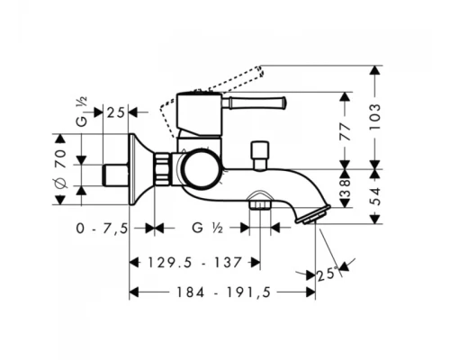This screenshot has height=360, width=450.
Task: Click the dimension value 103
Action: coord(375,116)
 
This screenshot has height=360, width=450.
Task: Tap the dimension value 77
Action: coord(346,131)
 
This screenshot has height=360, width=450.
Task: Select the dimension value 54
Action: coord(375,196)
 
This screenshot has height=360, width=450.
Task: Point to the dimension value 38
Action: coord(346,188)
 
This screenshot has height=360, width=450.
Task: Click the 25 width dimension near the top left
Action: coord(115,112)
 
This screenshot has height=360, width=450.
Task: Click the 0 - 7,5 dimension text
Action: coord(102,229)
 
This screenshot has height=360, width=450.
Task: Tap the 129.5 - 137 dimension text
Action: coord(195,263)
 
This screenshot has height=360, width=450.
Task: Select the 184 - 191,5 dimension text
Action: coord(223,292)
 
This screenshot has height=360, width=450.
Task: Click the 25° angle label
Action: coord(327,274)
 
